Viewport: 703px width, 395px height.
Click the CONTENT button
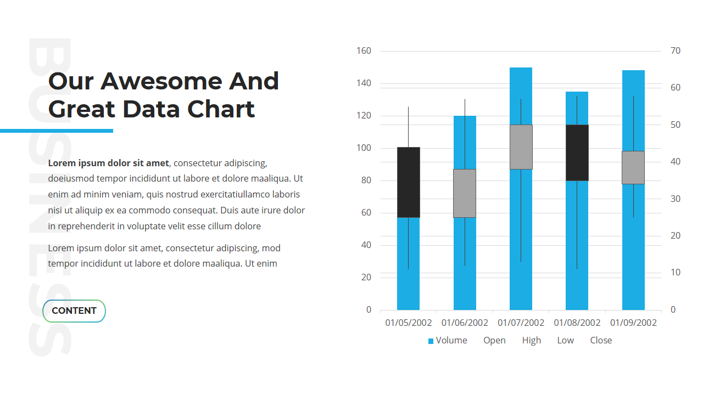click(74, 311)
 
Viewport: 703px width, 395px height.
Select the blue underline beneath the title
click(57, 131)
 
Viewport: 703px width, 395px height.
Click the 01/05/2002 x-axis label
click(409, 323)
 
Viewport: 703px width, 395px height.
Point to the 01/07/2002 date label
click(521, 323)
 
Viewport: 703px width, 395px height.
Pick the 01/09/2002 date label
click(633, 323)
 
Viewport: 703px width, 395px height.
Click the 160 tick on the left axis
click(364, 51)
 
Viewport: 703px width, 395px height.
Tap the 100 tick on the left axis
click(364, 148)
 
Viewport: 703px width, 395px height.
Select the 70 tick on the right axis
click(676, 51)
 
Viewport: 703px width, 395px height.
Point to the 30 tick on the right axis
click(676, 199)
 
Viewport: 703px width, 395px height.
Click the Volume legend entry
click(448, 341)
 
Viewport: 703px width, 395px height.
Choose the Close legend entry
click(601, 341)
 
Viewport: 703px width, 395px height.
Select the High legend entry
click(531, 341)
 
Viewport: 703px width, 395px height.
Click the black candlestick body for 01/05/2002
click(409, 182)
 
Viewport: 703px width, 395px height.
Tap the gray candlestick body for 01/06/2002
click(465, 193)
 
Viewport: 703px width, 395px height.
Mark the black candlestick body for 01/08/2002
click(577, 153)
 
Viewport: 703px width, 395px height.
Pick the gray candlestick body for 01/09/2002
click(633, 167)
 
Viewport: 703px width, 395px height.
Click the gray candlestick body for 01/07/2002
click(521, 147)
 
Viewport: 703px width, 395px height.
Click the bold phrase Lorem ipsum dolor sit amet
click(109, 163)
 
